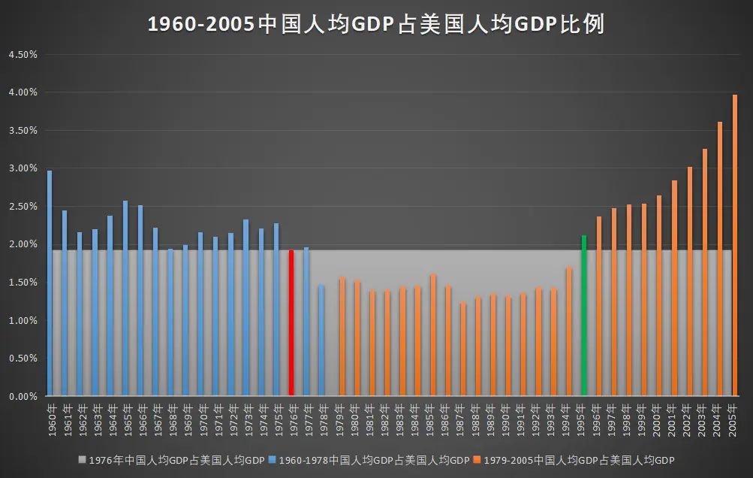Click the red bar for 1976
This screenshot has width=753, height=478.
291,322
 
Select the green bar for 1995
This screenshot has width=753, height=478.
584,316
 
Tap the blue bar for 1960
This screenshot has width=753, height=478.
50,283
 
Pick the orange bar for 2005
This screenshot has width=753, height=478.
735,245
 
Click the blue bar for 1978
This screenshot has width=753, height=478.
322,340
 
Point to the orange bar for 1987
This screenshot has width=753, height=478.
463,349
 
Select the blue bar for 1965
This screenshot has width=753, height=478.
125,298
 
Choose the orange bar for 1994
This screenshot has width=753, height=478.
569,331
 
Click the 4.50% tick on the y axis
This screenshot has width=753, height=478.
23,55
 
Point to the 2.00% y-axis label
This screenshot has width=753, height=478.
23,244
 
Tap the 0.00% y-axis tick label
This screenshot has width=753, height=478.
23,397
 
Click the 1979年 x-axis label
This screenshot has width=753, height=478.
339,420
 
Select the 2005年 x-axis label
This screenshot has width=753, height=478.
732,420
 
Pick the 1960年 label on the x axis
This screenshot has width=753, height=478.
53,420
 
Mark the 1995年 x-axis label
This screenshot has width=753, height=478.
581,420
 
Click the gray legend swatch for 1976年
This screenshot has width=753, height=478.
82,460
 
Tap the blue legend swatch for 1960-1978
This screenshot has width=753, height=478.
273,460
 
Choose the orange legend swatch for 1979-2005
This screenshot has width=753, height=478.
477,460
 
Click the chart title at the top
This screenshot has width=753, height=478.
376,24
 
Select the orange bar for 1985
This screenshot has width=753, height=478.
432,335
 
